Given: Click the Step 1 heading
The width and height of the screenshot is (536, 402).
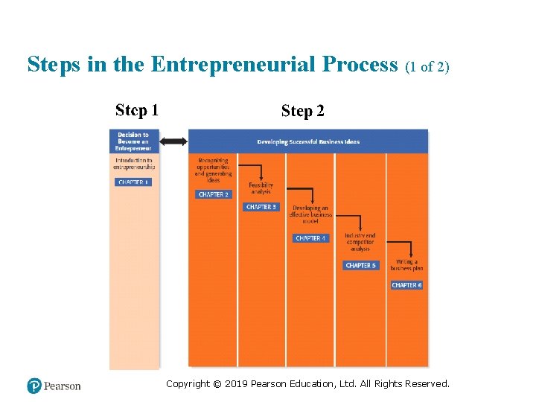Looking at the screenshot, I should tap(136, 111).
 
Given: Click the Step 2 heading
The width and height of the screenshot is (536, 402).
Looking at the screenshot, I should tap(302, 112).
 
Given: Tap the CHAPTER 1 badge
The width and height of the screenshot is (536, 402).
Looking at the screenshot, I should tap(133, 182).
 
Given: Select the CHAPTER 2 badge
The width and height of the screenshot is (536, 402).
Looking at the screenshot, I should tap(214, 194).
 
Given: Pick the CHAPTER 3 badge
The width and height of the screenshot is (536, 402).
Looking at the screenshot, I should tap(261, 207).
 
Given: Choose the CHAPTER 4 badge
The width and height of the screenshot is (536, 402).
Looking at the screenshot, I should tap(310, 238).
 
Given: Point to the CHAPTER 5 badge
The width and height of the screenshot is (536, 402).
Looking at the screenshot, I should tap(360, 265).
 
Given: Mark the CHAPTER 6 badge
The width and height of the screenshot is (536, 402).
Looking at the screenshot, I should tap(407, 285).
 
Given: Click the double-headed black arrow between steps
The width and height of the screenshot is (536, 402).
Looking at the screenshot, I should tap(173, 141).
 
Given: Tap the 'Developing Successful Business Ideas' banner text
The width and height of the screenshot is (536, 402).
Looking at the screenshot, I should tap(308, 141).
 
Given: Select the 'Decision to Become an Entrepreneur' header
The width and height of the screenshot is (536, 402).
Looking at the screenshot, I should tap(133, 141).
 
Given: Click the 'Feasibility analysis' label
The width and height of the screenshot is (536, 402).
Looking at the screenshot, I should tap(261, 188).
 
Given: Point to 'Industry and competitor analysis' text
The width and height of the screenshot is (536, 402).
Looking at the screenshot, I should tap(360, 242).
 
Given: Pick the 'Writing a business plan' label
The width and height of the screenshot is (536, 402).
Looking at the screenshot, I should tap(406, 265).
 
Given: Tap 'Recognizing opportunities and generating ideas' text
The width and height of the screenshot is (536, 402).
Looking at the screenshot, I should tap(214, 170).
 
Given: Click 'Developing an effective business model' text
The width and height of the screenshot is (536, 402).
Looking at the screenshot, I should tap(310, 214).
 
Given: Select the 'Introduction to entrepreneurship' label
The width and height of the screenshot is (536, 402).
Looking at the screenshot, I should tap(133, 163).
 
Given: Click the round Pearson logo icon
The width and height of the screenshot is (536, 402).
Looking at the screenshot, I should tap(34, 386).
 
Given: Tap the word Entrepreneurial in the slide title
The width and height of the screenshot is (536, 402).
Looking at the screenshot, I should tap(274, 65).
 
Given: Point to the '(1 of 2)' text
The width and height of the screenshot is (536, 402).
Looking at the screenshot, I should tap(427, 67).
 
